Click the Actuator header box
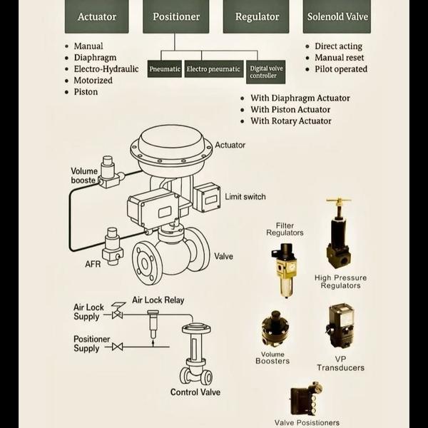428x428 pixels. point(96,16)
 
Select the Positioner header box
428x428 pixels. point(175,16)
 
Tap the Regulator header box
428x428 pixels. point(255,16)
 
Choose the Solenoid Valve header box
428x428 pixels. point(337,16)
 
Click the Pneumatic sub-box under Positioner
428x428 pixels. point(165,69)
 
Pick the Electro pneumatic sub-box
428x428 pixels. point(213,69)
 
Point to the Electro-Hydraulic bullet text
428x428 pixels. point(106,69)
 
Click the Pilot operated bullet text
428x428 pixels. point(341,69)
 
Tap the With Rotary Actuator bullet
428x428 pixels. point(291,121)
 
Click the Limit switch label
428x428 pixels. point(245,197)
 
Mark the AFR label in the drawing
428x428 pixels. point(93,265)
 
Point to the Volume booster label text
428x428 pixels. point(84,175)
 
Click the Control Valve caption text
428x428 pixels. point(195,392)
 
